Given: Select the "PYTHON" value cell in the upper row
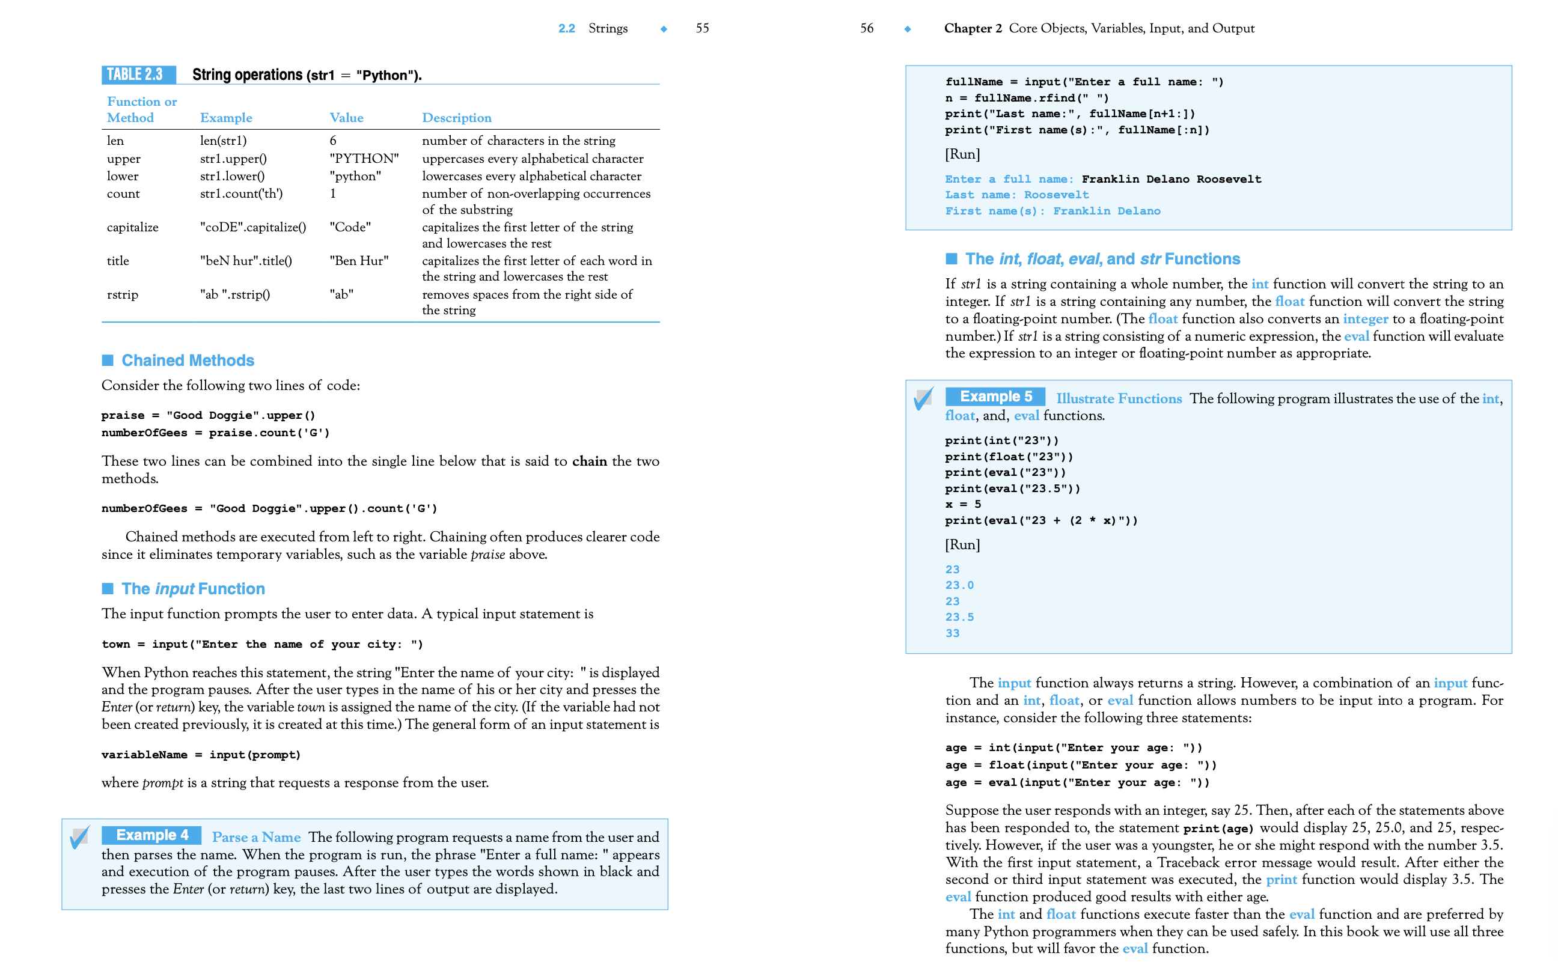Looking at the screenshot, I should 364,159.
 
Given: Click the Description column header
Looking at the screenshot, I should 456,118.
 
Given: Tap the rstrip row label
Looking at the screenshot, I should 122,295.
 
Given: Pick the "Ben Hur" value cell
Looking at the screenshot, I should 358,261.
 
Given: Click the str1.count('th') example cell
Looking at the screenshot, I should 241,193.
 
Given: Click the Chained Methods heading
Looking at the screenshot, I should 188,361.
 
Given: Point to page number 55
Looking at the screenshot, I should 701,28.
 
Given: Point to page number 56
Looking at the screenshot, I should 866,28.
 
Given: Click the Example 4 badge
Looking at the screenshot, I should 151,835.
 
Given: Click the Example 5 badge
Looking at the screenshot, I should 995,396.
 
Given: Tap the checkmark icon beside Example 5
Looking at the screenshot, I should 923,398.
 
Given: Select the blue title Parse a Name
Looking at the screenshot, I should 255,837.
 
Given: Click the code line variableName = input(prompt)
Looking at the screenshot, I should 200,755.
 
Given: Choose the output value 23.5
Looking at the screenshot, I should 959,617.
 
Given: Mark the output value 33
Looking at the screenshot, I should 952,633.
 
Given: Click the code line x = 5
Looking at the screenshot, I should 962,505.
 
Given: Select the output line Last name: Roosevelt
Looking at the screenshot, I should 1016,195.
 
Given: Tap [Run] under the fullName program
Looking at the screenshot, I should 962,154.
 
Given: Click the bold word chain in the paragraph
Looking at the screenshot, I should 589,461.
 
